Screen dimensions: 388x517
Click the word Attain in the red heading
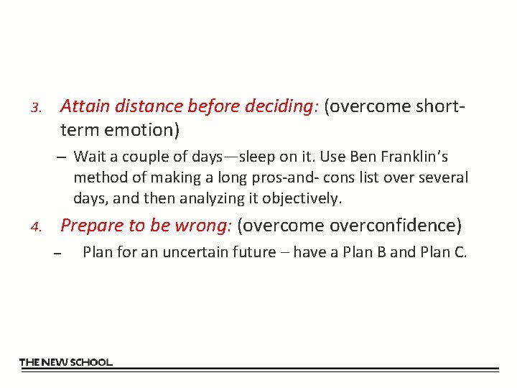(x=81, y=106)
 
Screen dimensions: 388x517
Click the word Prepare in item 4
(x=91, y=226)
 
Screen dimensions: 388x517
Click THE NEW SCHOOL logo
(x=65, y=362)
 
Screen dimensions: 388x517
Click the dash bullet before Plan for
(x=57, y=253)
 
